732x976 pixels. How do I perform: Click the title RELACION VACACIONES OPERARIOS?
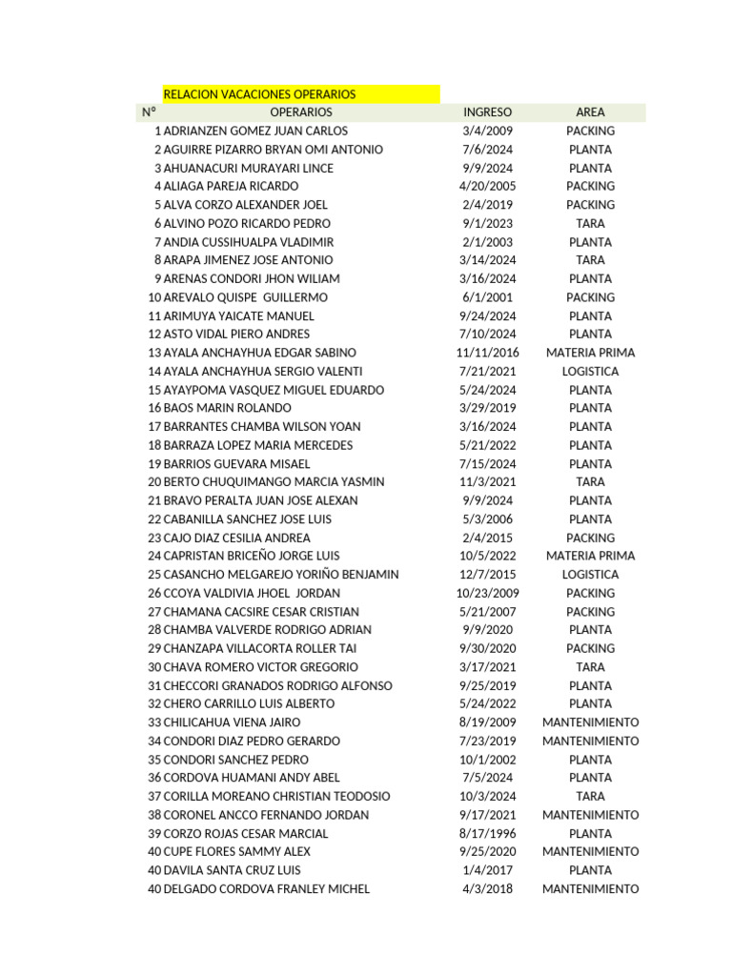tap(259, 94)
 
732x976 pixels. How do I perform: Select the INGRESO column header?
tap(487, 112)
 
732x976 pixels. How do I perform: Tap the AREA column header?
tap(590, 112)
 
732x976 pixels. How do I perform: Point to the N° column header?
tap(149, 112)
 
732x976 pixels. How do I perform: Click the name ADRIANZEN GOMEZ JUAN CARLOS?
tap(255, 131)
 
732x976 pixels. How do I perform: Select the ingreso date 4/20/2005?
tap(487, 186)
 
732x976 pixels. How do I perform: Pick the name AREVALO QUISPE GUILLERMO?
tap(245, 297)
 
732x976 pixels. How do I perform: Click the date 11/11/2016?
tap(487, 353)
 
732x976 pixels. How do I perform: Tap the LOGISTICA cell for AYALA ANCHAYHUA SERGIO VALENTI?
tap(590, 371)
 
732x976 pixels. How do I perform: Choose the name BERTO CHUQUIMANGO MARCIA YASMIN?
tap(274, 482)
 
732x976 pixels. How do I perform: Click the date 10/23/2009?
tap(487, 593)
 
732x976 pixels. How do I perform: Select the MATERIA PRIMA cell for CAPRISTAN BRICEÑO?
tap(590, 556)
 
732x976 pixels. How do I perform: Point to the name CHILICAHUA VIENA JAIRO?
tap(232, 722)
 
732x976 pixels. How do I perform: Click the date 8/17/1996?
tap(487, 833)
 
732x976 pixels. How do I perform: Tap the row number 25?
tap(154, 575)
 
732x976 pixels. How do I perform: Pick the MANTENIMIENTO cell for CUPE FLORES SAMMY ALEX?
tap(590, 851)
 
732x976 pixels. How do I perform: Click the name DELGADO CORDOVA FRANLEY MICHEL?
tap(267, 888)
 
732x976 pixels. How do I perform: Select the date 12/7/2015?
tap(487, 575)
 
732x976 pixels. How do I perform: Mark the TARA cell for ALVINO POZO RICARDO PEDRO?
tap(590, 223)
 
